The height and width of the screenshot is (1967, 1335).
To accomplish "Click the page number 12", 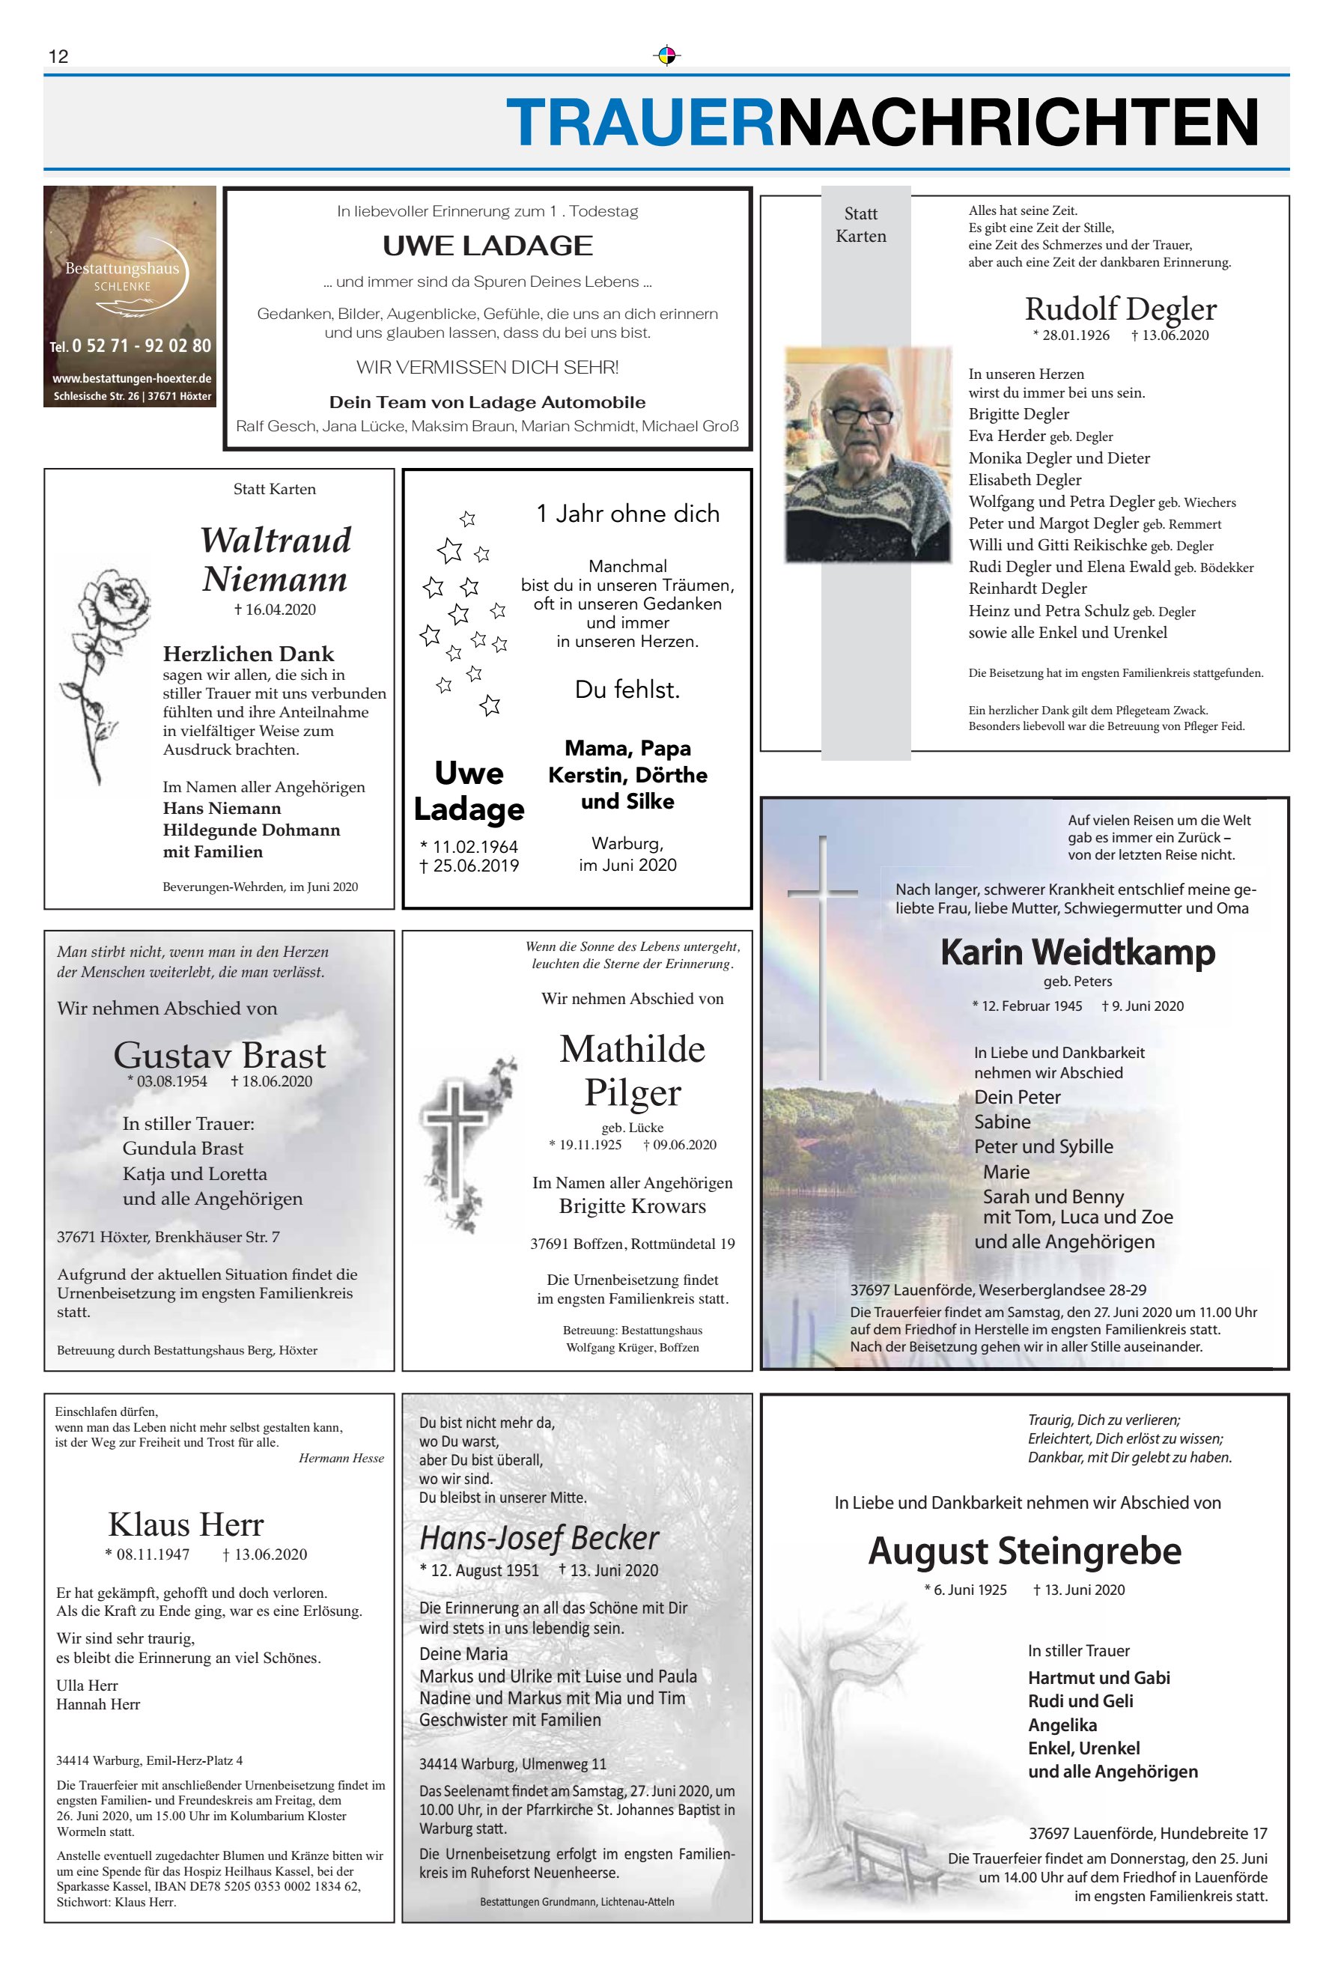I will pos(58,57).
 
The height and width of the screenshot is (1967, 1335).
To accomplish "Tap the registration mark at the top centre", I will pos(667,56).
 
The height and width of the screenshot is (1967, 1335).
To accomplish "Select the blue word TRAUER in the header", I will pos(641,123).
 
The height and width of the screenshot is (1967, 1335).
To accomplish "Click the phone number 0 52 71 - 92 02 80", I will pos(141,345).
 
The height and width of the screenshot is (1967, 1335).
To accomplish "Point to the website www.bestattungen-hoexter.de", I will pos(131,378).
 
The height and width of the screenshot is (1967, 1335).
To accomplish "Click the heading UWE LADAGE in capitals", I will pos(487,246).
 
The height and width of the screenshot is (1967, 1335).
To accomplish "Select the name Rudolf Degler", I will pos(1120,309).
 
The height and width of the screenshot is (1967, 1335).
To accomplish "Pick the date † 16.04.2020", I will pos(274,609).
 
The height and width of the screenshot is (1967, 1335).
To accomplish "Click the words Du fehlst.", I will pos(627,690).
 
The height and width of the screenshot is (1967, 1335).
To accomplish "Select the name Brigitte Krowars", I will pos(633,1206).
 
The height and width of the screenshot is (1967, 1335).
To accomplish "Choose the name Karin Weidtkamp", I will pos(1077,952).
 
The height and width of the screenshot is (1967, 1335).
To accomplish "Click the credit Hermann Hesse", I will pos(341,1459).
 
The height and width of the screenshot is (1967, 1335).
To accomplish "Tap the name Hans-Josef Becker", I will pos(538,1538).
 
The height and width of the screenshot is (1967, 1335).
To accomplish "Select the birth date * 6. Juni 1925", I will pos(965,1590).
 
